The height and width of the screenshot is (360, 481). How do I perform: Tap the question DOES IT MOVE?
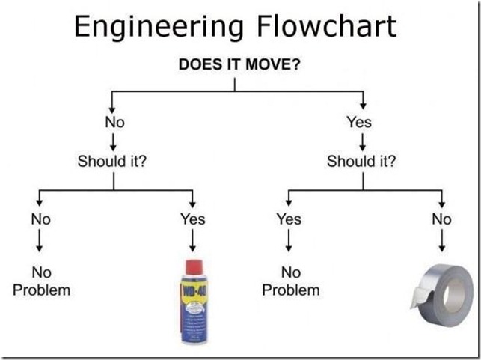pyautogui.click(x=239, y=64)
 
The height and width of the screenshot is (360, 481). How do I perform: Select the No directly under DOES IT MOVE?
pyautogui.click(x=113, y=122)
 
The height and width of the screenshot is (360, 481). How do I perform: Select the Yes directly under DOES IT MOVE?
pyautogui.click(x=359, y=122)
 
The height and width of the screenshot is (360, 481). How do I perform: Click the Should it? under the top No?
pyautogui.click(x=112, y=161)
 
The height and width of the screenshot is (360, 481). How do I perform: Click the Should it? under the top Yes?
pyautogui.click(x=362, y=161)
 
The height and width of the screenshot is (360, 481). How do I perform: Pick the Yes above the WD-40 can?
pyautogui.click(x=192, y=219)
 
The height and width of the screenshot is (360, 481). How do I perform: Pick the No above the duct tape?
pyautogui.click(x=441, y=219)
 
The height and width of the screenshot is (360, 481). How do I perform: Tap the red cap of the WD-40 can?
pyautogui.click(x=194, y=266)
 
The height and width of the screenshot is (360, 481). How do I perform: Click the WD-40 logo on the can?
pyautogui.click(x=194, y=287)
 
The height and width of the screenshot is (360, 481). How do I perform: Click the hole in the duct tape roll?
pyautogui.click(x=454, y=290)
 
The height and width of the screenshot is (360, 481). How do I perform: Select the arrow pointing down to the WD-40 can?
pyautogui.click(x=192, y=240)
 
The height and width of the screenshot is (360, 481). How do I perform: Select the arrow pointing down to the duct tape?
pyautogui.click(x=441, y=240)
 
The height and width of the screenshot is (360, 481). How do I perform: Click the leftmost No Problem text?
pyautogui.click(x=41, y=281)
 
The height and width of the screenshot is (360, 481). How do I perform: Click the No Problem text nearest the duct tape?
pyautogui.click(x=290, y=281)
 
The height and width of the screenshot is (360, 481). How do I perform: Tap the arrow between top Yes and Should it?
pyautogui.click(x=362, y=141)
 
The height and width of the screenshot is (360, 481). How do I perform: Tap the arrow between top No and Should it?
pyautogui.click(x=113, y=141)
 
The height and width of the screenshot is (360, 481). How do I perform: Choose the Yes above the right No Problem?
pyautogui.click(x=289, y=219)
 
